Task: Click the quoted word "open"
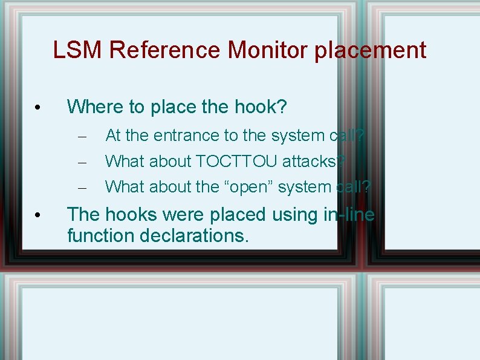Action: point(250,187)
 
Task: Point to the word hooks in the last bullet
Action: point(126,214)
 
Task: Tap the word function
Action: point(100,235)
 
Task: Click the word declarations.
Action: point(194,235)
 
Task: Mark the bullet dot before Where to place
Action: point(37,108)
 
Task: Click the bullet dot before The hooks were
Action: point(37,215)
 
